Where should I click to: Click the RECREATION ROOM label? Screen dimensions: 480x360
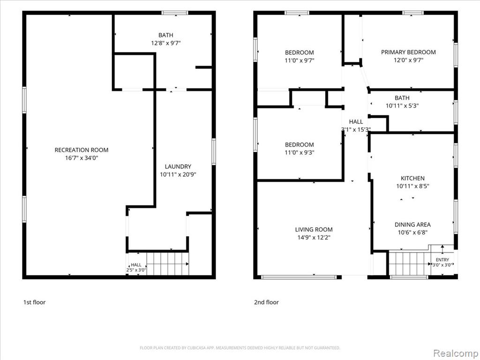pyautogui.click(x=82, y=150)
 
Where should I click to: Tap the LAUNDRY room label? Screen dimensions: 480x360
pyautogui.click(x=178, y=166)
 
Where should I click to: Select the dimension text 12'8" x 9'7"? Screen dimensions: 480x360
pyautogui.click(x=165, y=43)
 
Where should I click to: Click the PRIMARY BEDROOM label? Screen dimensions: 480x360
pyautogui.click(x=408, y=52)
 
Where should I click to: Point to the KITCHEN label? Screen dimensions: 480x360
pyautogui.click(x=412, y=178)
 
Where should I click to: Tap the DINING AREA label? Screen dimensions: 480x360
pyautogui.click(x=412, y=225)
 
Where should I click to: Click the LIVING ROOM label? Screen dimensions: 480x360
pyautogui.click(x=314, y=230)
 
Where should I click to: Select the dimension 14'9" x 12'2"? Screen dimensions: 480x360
pyautogui.click(x=314, y=238)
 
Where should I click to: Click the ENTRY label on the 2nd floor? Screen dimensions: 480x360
pyautogui.click(x=442, y=260)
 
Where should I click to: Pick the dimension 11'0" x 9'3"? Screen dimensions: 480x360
pyautogui.click(x=300, y=152)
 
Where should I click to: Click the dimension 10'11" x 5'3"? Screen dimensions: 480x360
pyautogui.click(x=402, y=106)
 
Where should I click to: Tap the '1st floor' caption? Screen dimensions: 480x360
pyautogui.click(x=34, y=302)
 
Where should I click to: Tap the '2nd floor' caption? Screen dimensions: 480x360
pyautogui.click(x=266, y=302)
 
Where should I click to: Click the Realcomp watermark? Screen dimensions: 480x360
pyautogui.click(x=455, y=353)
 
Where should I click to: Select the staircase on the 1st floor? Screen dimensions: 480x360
pyautogui.click(x=167, y=263)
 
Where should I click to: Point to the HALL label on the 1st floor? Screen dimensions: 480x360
pyautogui.click(x=136, y=265)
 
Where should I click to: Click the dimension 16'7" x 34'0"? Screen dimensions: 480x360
pyautogui.click(x=82, y=158)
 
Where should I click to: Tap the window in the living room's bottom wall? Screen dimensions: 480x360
pyautogui.click(x=299, y=277)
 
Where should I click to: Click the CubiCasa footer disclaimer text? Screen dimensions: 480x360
pyautogui.click(x=240, y=348)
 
